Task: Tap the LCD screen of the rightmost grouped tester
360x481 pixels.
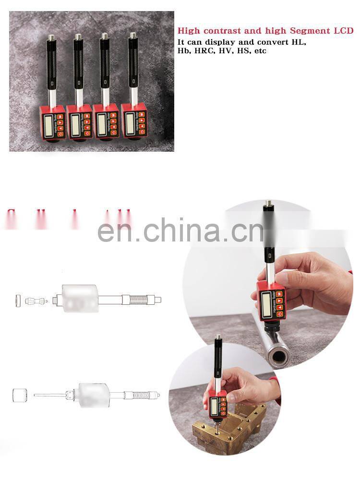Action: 130,123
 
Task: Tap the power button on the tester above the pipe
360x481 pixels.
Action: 279,315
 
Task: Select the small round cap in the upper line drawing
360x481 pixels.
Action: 18,301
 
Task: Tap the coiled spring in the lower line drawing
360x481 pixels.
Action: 138,396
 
